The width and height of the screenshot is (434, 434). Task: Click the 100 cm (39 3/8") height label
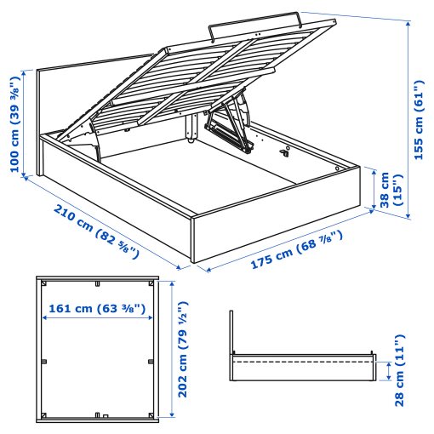14,123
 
